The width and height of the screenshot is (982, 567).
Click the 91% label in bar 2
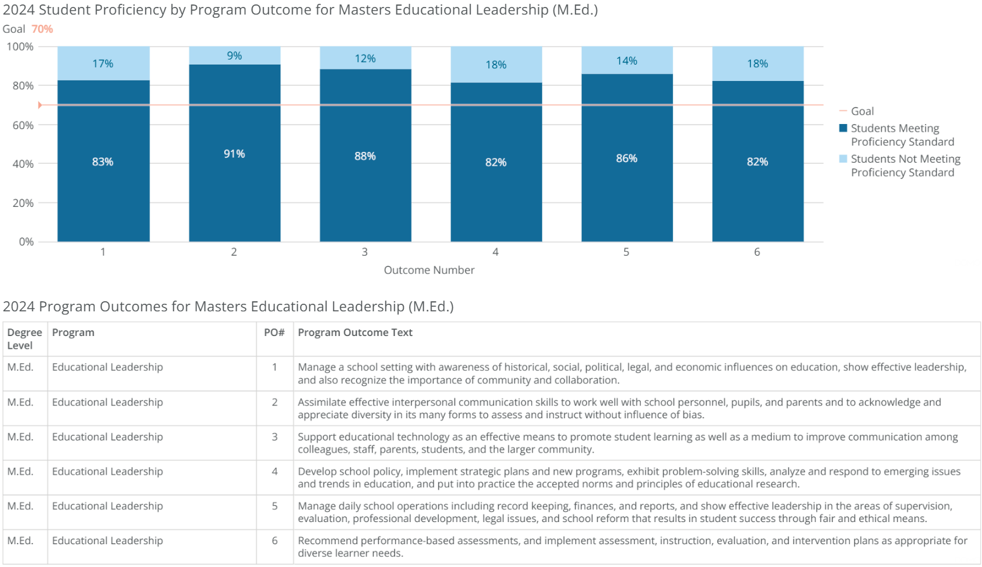[x=234, y=154]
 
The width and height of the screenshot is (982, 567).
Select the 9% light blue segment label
[x=234, y=56]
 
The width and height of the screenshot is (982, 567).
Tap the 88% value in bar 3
[x=365, y=156]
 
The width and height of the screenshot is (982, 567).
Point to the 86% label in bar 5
[x=626, y=158]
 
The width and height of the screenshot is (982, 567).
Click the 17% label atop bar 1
[x=103, y=63]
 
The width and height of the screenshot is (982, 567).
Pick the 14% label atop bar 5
[x=626, y=61]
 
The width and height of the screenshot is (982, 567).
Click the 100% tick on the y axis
[x=20, y=47]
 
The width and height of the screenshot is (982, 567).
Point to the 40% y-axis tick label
[x=23, y=164]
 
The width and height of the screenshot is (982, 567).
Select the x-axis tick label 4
[x=495, y=252]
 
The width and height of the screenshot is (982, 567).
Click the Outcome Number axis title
[x=429, y=270]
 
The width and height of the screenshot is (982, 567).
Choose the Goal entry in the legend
[x=862, y=111]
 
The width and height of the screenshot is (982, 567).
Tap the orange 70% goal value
[x=42, y=29]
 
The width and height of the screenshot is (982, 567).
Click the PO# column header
[x=274, y=333]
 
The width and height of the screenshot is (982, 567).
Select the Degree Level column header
[x=25, y=339]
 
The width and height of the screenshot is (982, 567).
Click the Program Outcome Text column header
[x=355, y=333]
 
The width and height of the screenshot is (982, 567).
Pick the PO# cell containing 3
[x=275, y=437]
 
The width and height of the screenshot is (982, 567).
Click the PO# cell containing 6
[x=275, y=540]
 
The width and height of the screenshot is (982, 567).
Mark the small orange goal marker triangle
[x=40, y=105]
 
